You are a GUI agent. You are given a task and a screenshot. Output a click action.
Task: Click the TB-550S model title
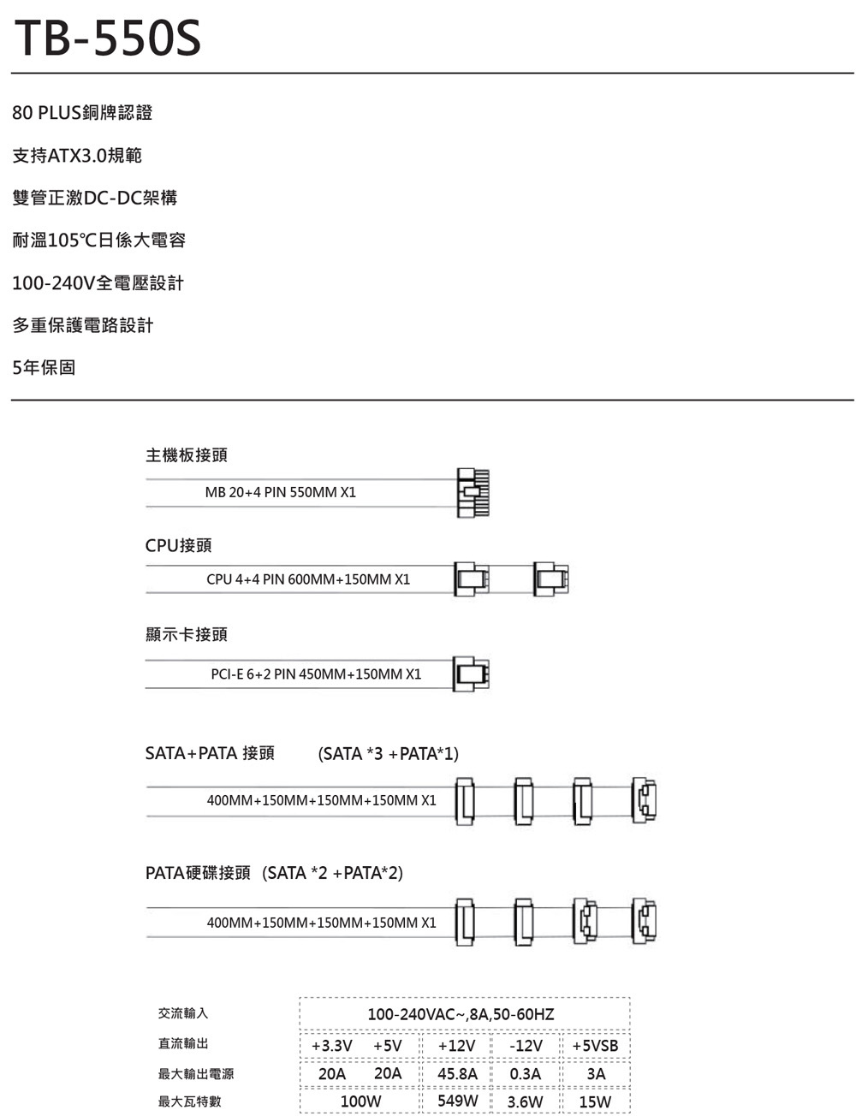(x=107, y=39)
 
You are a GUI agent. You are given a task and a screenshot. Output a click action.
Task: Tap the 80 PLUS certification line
(x=82, y=113)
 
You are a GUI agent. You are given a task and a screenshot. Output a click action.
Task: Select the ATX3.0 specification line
(x=77, y=156)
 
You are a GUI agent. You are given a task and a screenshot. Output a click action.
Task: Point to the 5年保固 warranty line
(x=44, y=368)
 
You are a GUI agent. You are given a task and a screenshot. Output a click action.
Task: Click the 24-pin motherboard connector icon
(x=473, y=492)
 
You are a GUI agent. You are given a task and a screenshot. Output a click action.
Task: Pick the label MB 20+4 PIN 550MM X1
(x=280, y=492)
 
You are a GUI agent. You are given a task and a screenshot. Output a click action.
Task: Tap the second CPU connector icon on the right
(x=550, y=579)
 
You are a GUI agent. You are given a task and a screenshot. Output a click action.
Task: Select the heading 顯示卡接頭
(x=186, y=634)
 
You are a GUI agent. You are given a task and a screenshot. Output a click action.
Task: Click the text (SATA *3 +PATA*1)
(x=388, y=754)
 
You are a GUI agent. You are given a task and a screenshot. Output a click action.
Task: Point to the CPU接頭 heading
(x=178, y=545)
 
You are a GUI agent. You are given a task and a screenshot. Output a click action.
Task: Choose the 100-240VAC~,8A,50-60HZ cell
(x=461, y=1014)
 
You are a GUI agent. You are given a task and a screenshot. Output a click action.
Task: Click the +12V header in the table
(x=455, y=1046)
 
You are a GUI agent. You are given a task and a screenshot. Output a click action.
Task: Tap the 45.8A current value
(x=457, y=1073)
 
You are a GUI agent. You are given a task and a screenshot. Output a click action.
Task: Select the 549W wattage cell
(x=457, y=1101)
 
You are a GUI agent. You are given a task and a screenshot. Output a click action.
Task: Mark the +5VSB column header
(x=595, y=1046)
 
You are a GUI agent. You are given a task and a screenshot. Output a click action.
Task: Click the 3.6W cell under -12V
(x=525, y=1101)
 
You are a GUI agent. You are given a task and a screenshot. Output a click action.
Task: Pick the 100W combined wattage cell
(x=360, y=1101)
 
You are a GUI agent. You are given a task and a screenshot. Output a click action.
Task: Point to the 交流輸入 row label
(x=183, y=1013)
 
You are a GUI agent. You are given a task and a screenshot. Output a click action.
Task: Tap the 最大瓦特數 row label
(x=189, y=1101)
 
